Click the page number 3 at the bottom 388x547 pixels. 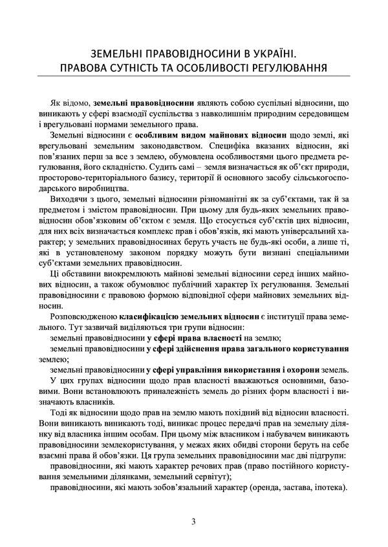point(193,521)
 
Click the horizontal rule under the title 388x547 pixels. point(193,77)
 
